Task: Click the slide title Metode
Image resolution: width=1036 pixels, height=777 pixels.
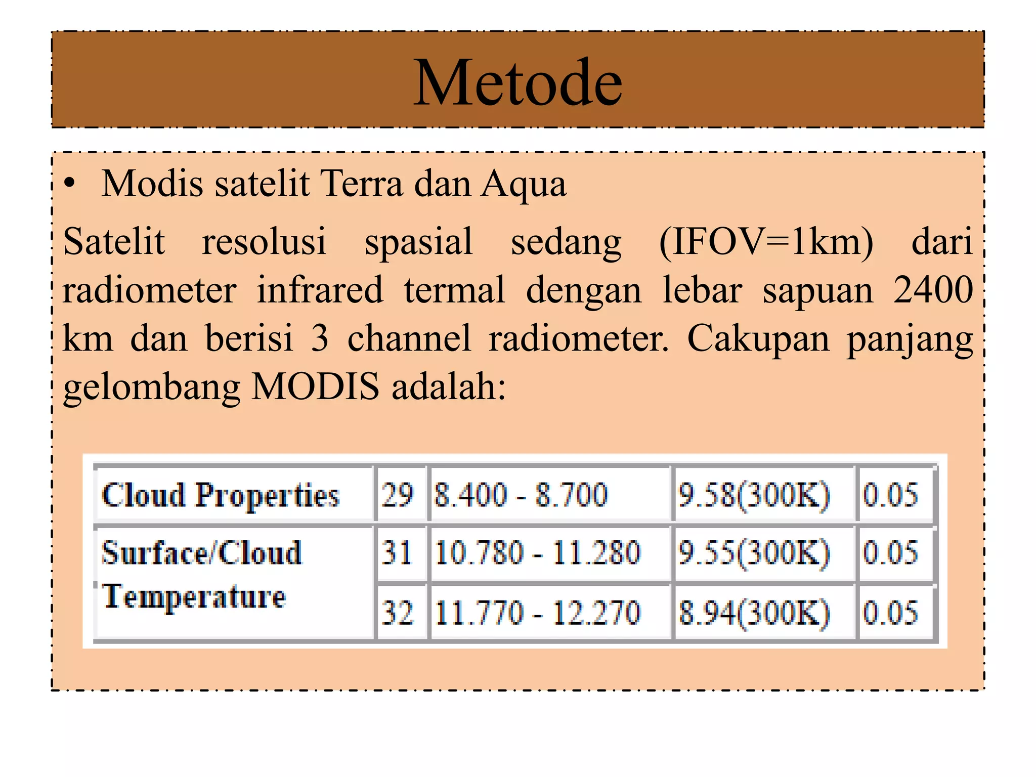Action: [518, 82]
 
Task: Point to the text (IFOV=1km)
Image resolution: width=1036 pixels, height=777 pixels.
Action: [766, 242]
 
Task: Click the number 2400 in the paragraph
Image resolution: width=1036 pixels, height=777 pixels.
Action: [933, 290]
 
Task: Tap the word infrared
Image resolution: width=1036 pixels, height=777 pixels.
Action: [320, 290]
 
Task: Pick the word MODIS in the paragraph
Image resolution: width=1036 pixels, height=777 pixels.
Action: [315, 386]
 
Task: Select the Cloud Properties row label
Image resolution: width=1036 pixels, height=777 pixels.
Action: [221, 495]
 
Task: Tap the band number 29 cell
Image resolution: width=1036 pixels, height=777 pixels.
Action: [398, 495]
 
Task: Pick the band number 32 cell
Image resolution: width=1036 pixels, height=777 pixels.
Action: [398, 613]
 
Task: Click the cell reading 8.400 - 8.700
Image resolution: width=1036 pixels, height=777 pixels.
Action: [521, 495]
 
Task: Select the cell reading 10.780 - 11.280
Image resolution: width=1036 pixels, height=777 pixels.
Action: [538, 552]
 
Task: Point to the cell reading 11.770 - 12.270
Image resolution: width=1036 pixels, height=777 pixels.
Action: [538, 613]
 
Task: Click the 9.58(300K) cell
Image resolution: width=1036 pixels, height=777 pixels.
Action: [754, 495]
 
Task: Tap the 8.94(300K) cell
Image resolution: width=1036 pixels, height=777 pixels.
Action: [754, 613]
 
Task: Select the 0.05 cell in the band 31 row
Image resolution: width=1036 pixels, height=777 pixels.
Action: [890, 552]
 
